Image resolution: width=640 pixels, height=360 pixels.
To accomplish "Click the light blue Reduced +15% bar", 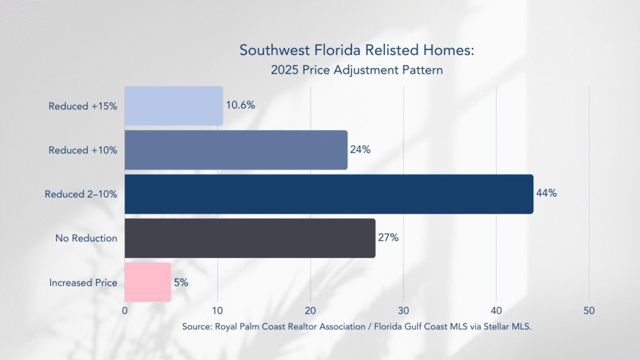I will pyautogui.click(x=174, y=106).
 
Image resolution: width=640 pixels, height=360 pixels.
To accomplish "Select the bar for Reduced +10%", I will pyautogui.click(x=236, y=150).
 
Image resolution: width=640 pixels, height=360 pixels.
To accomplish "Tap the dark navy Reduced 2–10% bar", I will pyautogui.click(x=329, y=194).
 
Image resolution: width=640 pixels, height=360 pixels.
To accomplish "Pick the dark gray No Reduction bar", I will pyautogui.click(x=250, y=238).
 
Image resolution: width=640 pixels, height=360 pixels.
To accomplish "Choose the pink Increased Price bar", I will pyautogui.click(x=147, y=282).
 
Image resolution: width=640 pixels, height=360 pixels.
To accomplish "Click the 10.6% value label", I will pyautogui.click(x=241, y=106).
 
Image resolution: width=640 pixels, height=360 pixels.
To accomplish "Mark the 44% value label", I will pyautogui.click(x=546, y=193).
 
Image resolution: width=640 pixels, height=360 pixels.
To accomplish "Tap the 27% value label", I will pyautogui.click(x=388, y=237).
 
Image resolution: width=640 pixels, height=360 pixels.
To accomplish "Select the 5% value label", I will pyautogui.click(x=181, y=282).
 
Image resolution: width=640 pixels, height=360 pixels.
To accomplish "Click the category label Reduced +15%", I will pyautogui.click(x=83, y=106).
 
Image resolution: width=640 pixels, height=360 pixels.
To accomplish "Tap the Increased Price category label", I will pyautogui.click(x=83, y=282).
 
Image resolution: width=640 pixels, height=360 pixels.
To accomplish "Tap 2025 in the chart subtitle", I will pyautogui.click(x=284, y=70).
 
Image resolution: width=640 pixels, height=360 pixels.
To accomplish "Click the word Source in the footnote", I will pyautogui.click(x=197, y=327).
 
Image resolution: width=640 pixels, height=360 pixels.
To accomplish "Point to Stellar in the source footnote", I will pyautogui.click(x=492, y=327).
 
